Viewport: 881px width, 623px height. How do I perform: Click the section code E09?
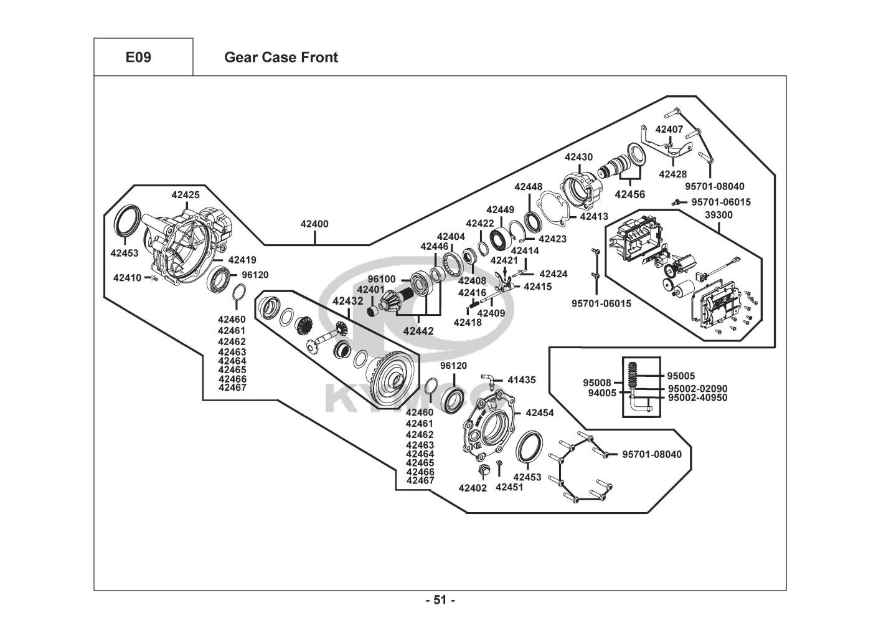click(138, 57)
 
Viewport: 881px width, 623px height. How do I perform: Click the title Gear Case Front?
click(281, 57)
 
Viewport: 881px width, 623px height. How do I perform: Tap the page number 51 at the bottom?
click(440, 601)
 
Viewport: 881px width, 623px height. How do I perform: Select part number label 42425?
click(186, 195)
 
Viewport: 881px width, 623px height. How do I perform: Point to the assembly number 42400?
click(314, 224)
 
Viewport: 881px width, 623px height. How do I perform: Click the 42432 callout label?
click(347, 301)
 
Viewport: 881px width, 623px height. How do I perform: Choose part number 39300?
click(718, 215)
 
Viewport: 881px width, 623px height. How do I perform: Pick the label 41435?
click(521, 379)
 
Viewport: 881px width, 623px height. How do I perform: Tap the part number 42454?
click(539, 412)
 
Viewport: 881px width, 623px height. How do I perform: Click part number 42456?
click(630, 194)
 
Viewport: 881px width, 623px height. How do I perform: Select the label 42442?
click(418, 331)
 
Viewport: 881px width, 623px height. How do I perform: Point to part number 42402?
click(473, 488)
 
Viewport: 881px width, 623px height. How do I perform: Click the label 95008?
click(596, 383)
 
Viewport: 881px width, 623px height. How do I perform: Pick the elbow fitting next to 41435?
click(489, 379)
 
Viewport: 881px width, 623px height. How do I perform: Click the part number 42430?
click(578, 157)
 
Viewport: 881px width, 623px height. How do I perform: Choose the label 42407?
click(669, 130)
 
